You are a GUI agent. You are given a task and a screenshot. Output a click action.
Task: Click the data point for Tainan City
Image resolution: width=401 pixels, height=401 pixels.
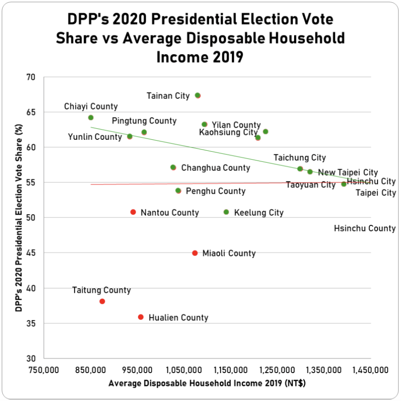pyautogui.click(x=198, y=95)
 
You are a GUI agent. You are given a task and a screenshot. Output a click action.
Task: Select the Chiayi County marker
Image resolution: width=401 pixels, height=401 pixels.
pyautogui.click(x=91, y=118)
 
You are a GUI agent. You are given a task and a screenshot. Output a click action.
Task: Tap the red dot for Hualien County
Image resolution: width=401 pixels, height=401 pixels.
pyautogui.click(x=141, y=317)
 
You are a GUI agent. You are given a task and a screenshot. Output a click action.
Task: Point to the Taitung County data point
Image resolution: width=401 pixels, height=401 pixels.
pyautogui.click(x=102, y=301)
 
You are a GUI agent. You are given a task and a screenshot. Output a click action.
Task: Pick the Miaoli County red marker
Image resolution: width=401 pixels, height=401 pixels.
pyautogui.click(x=195, y=253)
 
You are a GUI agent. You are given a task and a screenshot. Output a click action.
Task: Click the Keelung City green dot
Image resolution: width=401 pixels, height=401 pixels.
pyautogui.click(x=226, y=212)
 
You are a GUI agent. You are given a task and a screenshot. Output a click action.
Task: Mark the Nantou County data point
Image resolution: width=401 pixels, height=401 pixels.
pyautogui.click(x=133, y=212)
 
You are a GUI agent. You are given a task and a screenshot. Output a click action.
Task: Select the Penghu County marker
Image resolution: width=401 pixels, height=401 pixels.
pyautogui.click(x=178, y=191)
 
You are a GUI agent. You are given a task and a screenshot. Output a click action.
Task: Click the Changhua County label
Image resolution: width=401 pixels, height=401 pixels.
pyautogui.click(x=216, y=168)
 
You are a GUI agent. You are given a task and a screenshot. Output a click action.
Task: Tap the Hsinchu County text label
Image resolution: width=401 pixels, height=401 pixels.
pyautogui.click(x=365, y=228)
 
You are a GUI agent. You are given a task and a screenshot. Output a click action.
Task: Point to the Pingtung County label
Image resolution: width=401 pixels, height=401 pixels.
pyautogui.click(x=144, y=121)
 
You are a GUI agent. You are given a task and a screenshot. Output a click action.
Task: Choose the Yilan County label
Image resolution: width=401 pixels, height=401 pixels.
pyautogui.click(x=236, y=125)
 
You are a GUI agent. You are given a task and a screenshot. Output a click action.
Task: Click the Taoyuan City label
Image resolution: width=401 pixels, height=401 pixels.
pyautogui.click(x=311, y=185)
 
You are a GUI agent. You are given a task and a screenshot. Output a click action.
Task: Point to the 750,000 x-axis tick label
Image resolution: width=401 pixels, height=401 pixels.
pyautogui.click(x=43, y=370)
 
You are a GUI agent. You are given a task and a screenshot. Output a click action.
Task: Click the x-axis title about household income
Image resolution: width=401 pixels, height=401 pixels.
pyautogui.click(x=207, y=383)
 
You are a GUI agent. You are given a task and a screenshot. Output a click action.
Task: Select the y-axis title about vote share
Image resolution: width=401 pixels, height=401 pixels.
pyautogui.click(x=19, y=218)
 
